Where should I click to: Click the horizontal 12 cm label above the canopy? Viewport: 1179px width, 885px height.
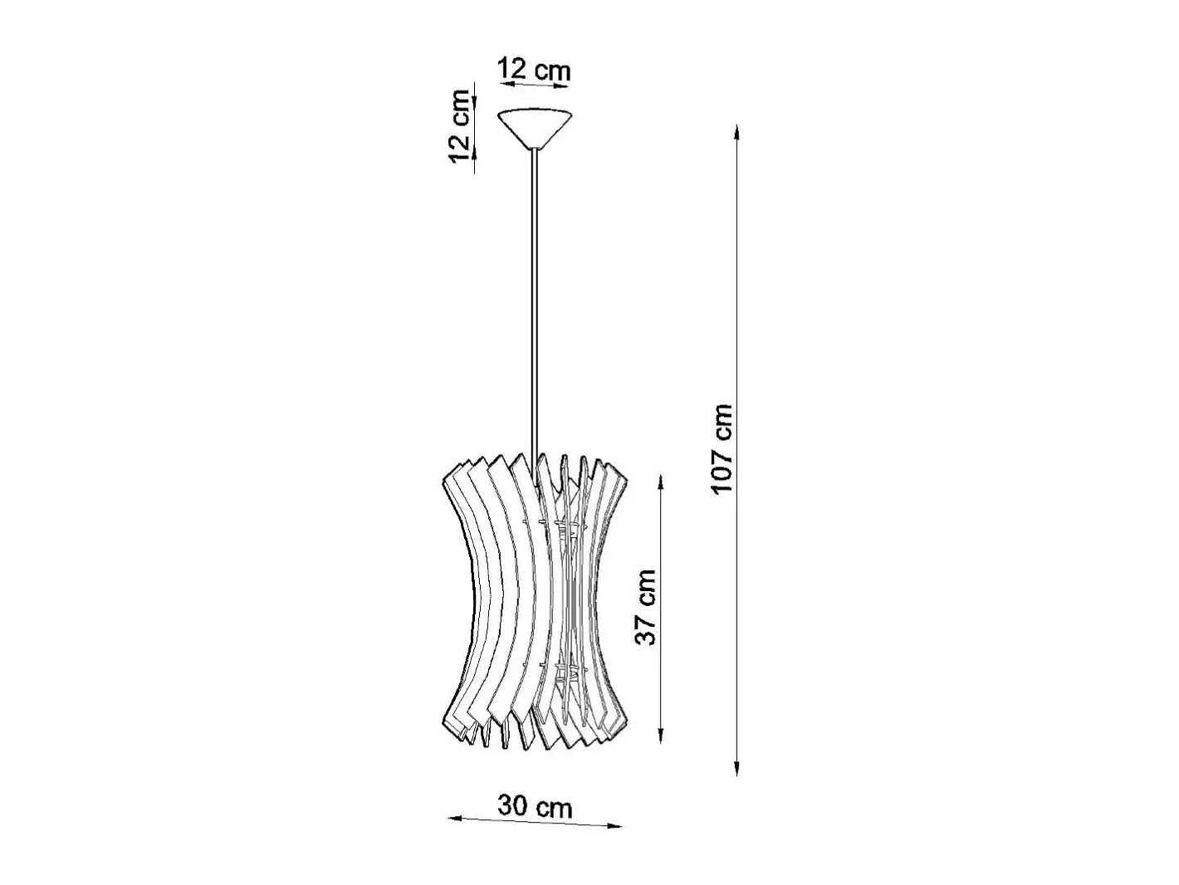[x=533, y=69]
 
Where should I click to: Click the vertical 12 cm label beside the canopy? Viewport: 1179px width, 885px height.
[x=459, y=126]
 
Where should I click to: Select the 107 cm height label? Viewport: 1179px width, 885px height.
[x=722, y=447]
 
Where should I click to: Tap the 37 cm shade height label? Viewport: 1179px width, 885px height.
[x=645, y=606]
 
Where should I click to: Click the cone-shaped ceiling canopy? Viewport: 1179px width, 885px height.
[x=536, y=129]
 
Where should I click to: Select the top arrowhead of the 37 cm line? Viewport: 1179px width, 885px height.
[x=661, y=483]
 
